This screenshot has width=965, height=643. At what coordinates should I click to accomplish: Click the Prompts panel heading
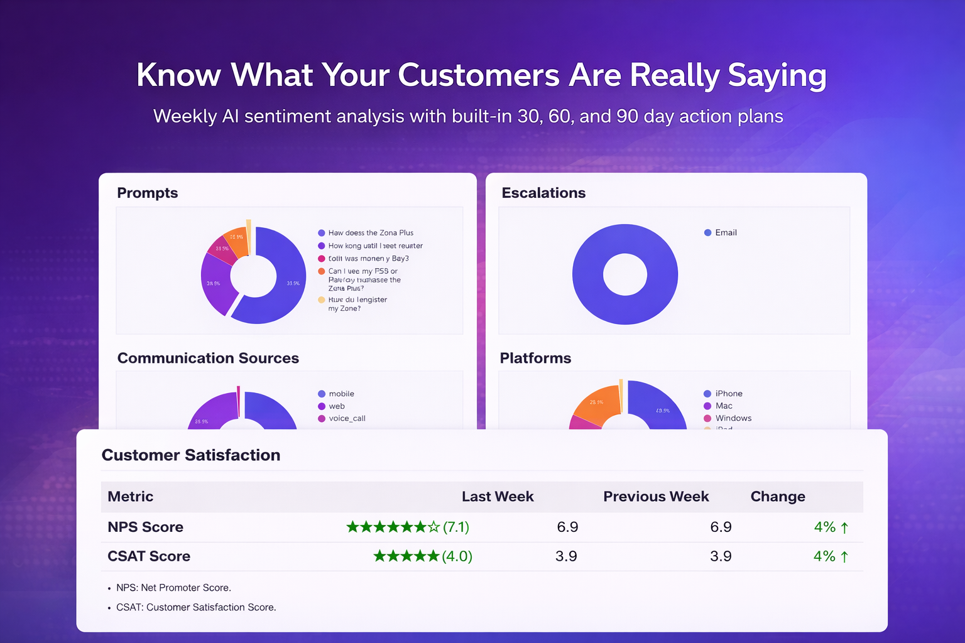pos(148,193)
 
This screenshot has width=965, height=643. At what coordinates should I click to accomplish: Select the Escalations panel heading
pos(543,193)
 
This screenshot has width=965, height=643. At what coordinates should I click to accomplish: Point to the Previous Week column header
pos(656,497)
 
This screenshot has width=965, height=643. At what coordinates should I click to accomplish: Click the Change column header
pos(778,497)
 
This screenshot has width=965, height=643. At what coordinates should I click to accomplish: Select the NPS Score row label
pos(145,527)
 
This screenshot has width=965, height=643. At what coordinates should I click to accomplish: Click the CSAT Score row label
pos(149,556)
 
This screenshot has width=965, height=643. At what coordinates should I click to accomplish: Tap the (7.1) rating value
pos(456,527)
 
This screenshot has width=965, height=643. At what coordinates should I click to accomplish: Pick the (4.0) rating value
pos(457,556)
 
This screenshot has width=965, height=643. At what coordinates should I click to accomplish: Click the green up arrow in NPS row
pos(844,528)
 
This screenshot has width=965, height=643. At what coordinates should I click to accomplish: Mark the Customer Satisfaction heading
pos(191,455)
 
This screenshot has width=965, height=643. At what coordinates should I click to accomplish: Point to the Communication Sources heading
pos(208,358)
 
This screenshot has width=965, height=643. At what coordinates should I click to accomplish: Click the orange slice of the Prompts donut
pos(236,240)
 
